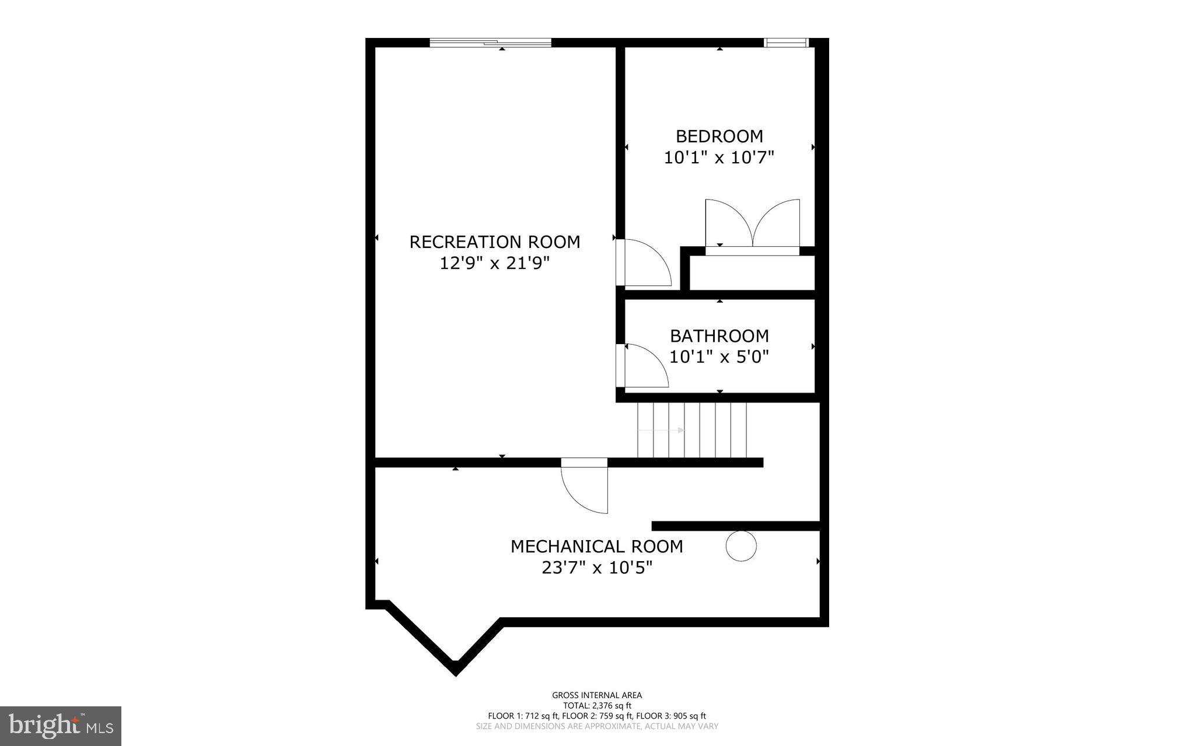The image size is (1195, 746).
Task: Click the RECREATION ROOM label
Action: point(494,241)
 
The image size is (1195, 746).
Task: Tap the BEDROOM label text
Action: point(719,136)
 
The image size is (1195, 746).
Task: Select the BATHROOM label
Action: point(719,336)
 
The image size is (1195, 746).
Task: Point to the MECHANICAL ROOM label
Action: point(596,547)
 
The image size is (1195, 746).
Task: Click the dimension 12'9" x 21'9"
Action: point(494,264)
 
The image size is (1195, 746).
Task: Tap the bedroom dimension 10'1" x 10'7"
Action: point(719,157)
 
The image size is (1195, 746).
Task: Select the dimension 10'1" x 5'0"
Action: point(719,356)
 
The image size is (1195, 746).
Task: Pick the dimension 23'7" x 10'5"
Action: point(596,568)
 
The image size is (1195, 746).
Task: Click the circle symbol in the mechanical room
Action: point(741,547)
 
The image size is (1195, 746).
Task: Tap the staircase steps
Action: point(692,430)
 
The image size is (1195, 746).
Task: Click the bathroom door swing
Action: point(644,366)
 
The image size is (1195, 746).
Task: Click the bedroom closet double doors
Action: point(752,225)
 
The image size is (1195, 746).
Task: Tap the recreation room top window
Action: point(490,42)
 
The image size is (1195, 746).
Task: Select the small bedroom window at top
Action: point(785,42)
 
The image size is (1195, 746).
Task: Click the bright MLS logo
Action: point(61,726)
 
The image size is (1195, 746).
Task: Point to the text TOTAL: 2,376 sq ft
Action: point(596,705)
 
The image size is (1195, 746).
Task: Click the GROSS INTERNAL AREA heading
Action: point(596,695)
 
